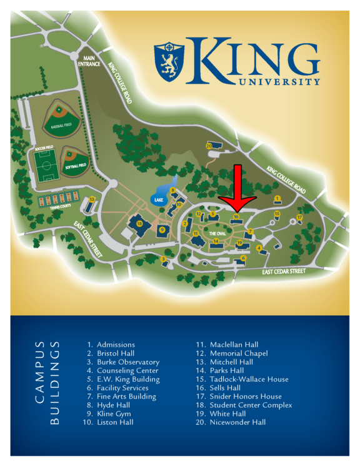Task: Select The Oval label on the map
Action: coord(209,231)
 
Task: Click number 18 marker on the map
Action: coord(139,223)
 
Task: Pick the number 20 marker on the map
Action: coord(209,145)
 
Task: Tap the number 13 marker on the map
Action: coord(92,200)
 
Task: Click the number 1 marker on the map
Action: coord(277,198)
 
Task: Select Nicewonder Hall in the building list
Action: coord(230,422)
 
